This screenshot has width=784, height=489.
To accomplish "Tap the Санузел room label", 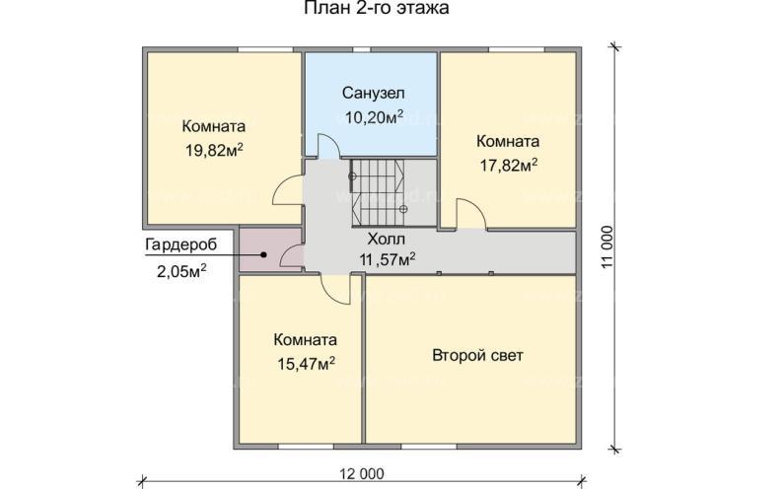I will pyautogui.click(x=373, y=94).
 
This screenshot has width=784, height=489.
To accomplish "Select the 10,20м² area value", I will pyautogui.click(x=373, y=116).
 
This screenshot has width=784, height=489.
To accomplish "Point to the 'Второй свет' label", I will pyautogui.click(x=477, y=355).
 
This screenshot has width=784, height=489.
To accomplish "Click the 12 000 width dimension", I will pyautogui.click(x=364, y=475).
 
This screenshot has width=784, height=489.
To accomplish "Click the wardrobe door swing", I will pyautogui.click(x=291, y=257).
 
